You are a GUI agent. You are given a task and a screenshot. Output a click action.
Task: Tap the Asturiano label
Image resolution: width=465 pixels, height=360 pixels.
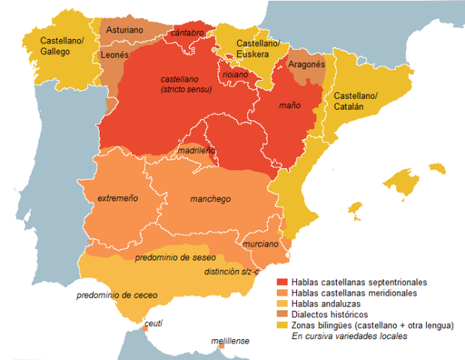point(124,31)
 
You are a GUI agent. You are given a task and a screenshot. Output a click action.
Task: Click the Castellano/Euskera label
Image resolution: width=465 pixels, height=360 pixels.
point(257,49)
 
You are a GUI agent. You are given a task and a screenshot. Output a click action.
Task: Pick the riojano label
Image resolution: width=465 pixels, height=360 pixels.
point(235,74)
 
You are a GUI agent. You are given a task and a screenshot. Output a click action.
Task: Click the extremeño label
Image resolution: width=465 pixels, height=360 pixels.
point(118,199)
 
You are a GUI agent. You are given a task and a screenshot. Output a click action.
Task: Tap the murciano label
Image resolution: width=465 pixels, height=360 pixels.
point(260,244)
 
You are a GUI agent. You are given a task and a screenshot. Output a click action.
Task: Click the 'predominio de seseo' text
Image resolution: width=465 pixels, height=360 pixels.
point(175,258)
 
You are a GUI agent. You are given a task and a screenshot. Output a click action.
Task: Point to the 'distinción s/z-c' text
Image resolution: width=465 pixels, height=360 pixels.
point(234,271)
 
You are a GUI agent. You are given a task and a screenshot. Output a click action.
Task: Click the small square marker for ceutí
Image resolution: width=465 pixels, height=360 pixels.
point(145,328)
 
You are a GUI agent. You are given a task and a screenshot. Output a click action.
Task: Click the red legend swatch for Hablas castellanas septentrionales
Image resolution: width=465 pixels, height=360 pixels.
point(282,282)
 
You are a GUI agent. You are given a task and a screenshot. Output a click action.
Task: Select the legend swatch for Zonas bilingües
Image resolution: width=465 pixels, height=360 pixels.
point(282,325)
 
